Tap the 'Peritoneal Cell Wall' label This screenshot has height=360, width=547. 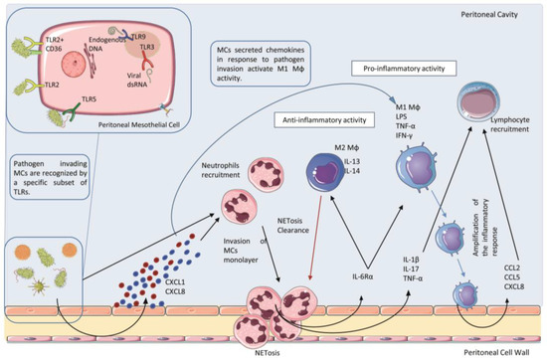pos(493,351)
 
